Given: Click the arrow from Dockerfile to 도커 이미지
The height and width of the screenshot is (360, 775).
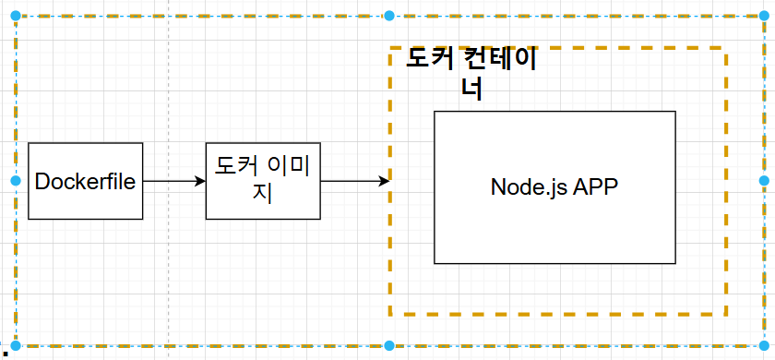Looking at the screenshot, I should [x=173, y=181].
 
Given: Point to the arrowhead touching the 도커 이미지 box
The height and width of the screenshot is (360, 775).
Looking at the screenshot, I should [x=200, y=181].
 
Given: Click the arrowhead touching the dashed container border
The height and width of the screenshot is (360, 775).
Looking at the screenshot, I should [x=384, y=181].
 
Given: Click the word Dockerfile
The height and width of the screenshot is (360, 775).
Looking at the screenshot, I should [x=86, y=181].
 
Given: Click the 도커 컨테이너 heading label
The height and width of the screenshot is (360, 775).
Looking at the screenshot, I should [x=471, y=74].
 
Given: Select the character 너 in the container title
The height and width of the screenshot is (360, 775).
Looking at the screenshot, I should [x=471, y=89].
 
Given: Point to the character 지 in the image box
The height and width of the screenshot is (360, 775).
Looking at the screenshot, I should [x=262, y=195].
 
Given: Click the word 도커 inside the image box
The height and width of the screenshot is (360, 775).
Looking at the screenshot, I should [x=235, y=167].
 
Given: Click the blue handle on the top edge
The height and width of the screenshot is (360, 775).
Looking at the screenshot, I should [x=389, y=16].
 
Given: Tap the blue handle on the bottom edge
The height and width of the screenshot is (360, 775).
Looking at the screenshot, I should [x=389, y=346].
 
